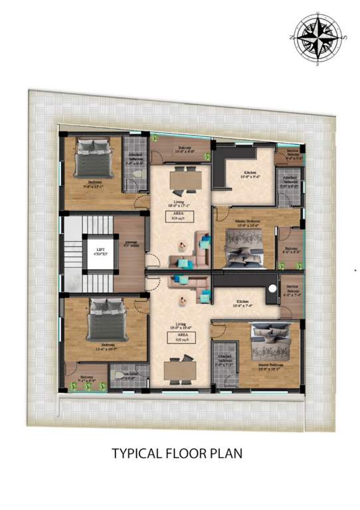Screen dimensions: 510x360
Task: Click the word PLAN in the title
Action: [x=227, y=454]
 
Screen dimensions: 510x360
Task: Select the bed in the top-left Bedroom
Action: [x=91, y=157]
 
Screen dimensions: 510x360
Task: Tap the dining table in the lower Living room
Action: [x=180, y=367]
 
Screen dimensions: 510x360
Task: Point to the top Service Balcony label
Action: [x=294, y=155]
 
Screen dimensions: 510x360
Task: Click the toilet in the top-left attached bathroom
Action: [x=136, y=174]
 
